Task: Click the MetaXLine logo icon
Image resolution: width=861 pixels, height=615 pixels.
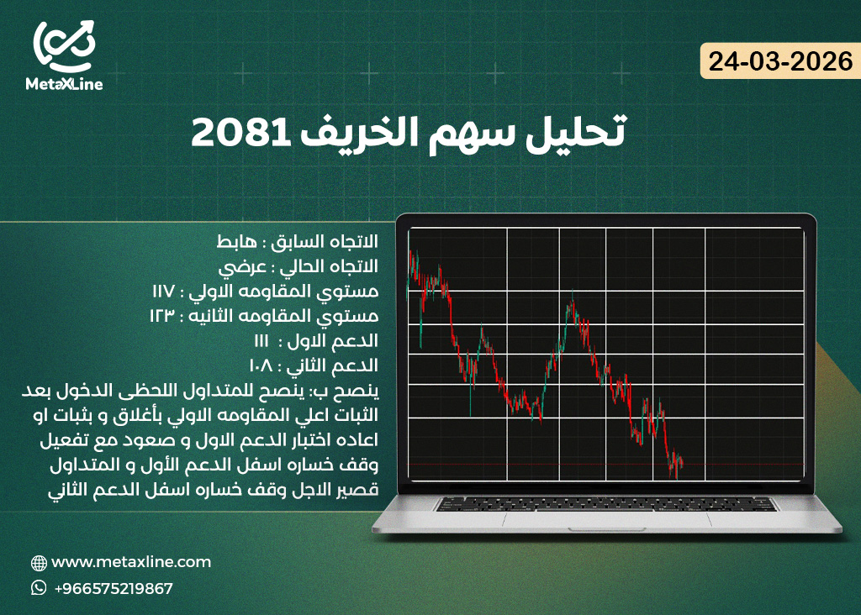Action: click(64, 45)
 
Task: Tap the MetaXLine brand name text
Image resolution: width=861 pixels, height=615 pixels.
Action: click(64, 84)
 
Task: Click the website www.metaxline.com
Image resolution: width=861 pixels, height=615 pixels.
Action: click(131, 562)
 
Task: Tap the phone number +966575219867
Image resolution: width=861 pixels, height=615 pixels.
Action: click(113, 588)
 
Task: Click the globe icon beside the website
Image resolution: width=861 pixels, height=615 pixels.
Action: click(39, 563)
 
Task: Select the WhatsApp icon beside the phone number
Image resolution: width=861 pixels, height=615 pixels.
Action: click(39, 588)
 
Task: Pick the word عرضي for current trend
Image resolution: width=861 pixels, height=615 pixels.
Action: click(240, 266)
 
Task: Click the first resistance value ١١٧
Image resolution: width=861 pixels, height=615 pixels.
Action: click(164, 292)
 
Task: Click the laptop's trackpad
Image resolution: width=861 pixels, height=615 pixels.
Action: click(605, 518)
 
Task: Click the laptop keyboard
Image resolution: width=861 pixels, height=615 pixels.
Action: click(605, 504)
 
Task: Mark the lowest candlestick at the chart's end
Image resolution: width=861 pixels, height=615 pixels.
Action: click(674, 472)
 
